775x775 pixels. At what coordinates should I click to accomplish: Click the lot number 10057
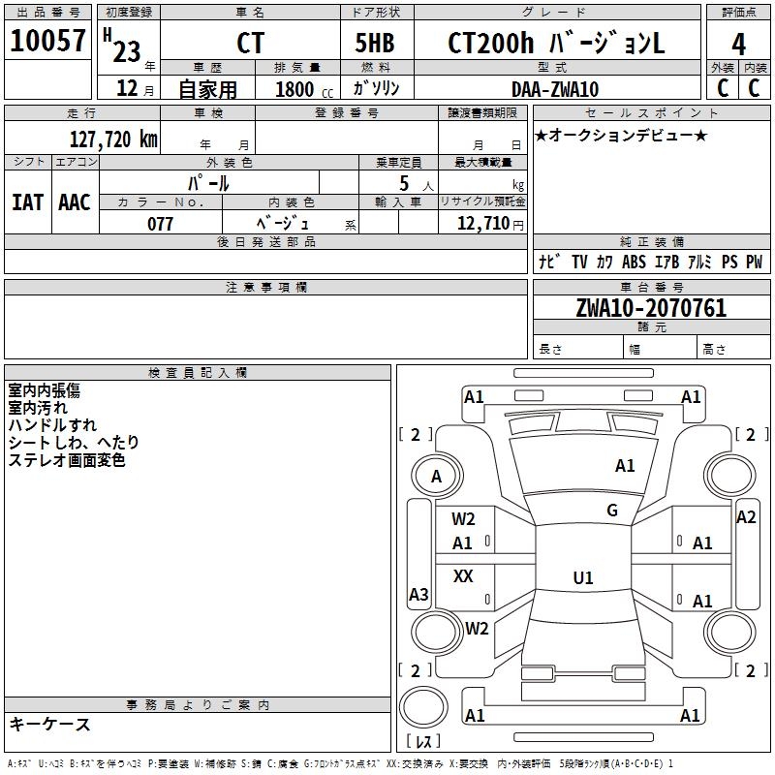pyautogui.click(x=48, y=42)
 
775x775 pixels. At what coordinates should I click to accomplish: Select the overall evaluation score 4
pyautogui.click(x=738, y=44)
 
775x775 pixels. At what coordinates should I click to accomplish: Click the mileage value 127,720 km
pyautogui.click(x=113, y=139)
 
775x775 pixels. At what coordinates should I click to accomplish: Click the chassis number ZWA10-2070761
pyautogui.click(x=650, y=308)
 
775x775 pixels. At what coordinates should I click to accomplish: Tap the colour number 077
pyautogui.click(x=160, y=224)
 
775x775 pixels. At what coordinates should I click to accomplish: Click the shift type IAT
pyautogui.click(x=27, y=201)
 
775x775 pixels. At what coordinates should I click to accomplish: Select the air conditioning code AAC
pyautogui.click(x=74, y=201)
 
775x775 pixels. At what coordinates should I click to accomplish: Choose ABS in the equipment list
pyautogui.click(x=634, y=262)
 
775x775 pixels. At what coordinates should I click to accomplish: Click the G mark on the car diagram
pyautogui.click(x=611, y=511)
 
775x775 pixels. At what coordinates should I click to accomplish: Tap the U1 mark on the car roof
pyautogui.click(x=582, y=578)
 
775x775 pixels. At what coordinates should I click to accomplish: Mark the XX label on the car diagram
pyautogui.click(x=463, y=576)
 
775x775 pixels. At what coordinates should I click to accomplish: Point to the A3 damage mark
pyautogui.click(x=418, y=595)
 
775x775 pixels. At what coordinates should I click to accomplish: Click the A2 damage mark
pyautogui.click(x=745, y=517)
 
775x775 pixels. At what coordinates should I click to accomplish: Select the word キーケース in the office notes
pyautogui.click(x=49, y=725)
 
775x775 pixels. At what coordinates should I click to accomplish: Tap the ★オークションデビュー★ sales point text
pyautogui.click(x=621, y=135)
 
